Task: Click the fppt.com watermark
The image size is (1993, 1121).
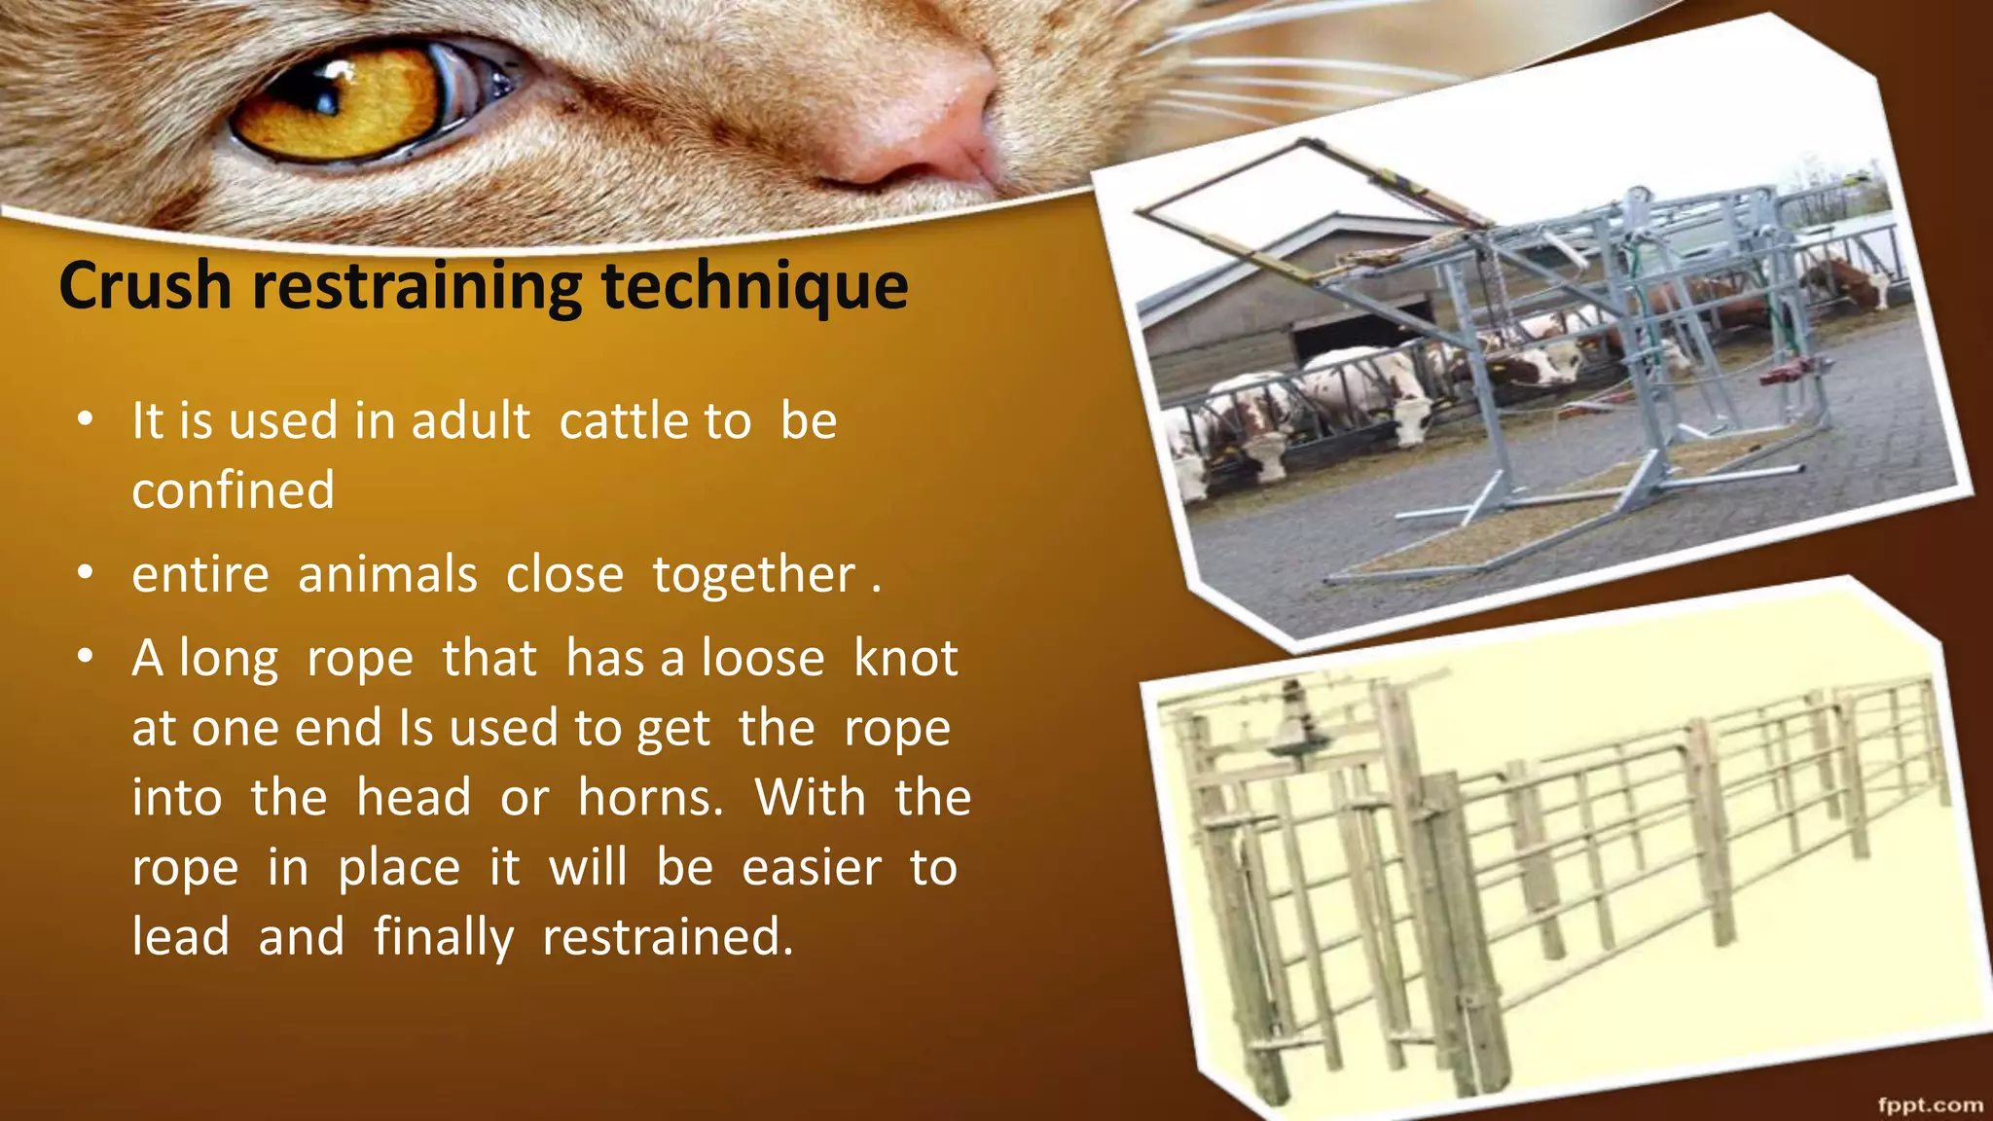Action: [1931, 1104]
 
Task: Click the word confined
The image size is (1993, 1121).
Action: [234, 489]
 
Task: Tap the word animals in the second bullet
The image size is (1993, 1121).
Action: [387, 574]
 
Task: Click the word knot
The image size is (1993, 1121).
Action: [905, 659]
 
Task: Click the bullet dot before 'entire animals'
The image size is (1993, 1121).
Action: [86, 573]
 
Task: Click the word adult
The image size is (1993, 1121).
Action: [471, 421]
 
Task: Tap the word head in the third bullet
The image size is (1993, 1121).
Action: [414, 798]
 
